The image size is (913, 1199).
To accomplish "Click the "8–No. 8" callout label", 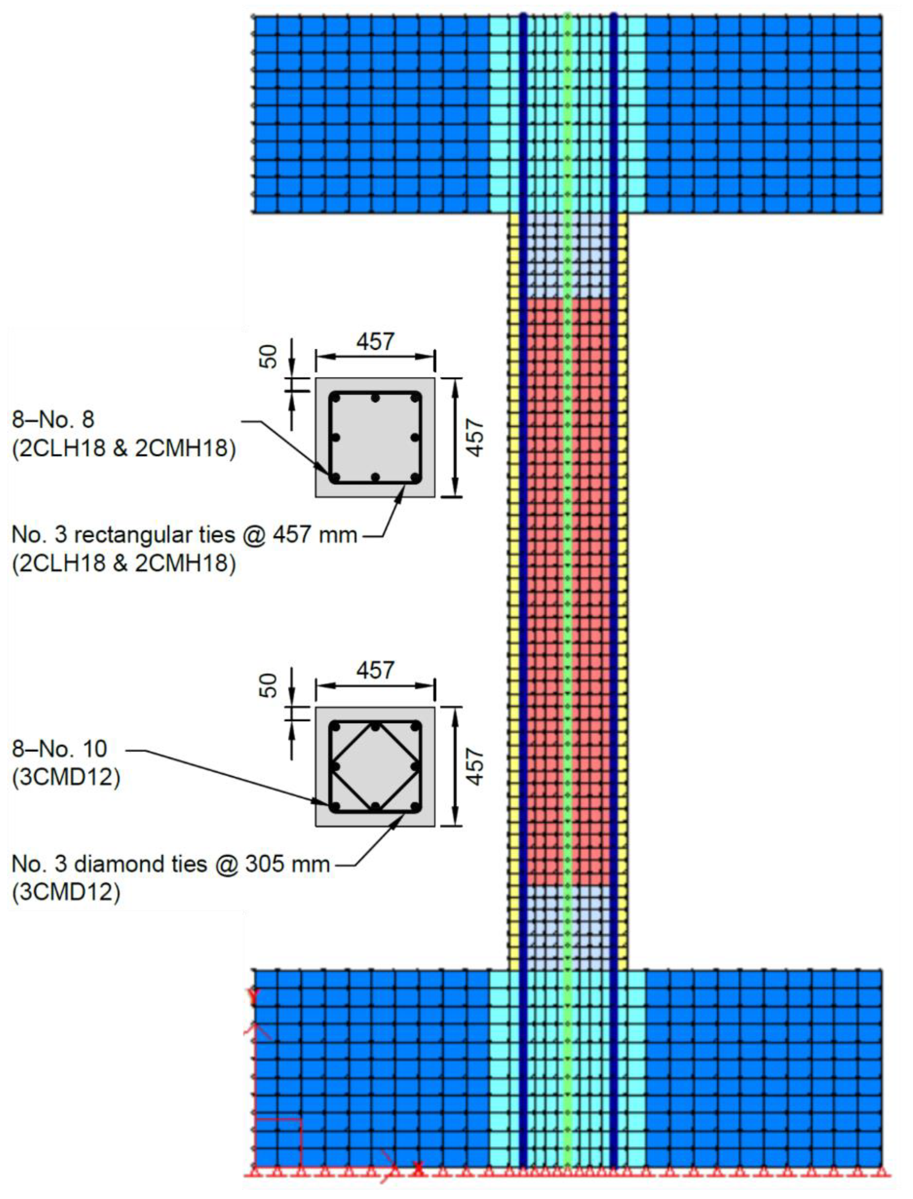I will pos(53,420).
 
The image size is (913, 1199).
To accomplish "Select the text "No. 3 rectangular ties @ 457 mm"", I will pos(184,535).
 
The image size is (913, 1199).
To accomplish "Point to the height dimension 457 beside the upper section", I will pos(476,437).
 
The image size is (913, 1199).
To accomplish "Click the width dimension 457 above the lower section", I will pos(375,670).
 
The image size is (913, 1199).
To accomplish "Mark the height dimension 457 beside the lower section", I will pos(476,766).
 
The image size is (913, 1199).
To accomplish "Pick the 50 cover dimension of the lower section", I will pos(269,685).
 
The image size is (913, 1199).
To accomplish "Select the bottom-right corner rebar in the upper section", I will pos(415,478).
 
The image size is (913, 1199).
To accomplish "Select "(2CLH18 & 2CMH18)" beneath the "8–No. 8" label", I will pos(124,449).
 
